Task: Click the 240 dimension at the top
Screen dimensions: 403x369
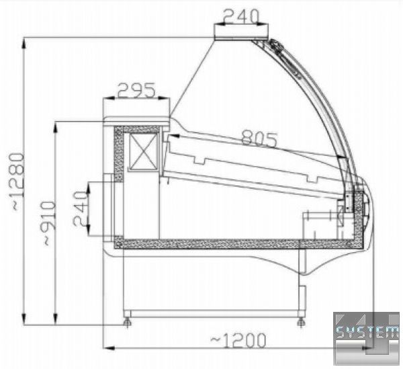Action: coord(240,16)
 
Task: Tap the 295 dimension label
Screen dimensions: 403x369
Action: coord(136,90)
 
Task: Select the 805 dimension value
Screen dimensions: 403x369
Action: coord(259,138)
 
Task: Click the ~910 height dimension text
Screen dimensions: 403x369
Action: coord(49,223)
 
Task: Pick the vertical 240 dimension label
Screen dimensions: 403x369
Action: coord(80,208)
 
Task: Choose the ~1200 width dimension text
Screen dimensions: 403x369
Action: coord(238,340)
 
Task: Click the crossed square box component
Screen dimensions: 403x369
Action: coord(143,152)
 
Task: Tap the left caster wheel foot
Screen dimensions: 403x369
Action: coord(127,323)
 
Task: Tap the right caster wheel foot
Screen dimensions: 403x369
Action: coord(301,323)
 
